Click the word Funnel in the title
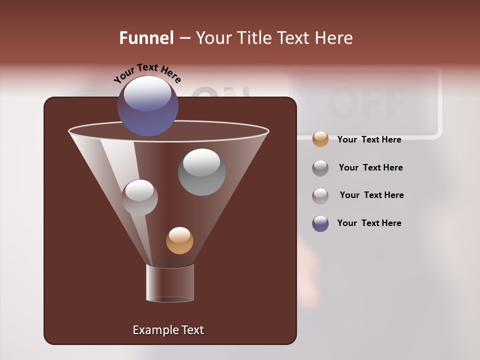[x=146, y=38]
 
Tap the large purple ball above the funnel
[x=147, y=105]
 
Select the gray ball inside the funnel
[x=201, y=172]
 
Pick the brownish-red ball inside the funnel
[x=139, y=197]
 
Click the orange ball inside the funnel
[x=179, y=240]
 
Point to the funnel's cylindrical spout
[x=170, y=283]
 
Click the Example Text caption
[x=168, y=330]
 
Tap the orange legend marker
[x=320, y=139]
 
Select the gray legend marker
[x=320, y=168]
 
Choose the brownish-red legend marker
[x=320, y=196]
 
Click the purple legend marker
[x=320, y=223]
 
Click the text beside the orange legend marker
[x=369, y=140]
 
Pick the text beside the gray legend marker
[x=370, y=168]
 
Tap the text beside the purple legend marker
[x=369, y=223]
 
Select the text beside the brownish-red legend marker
[x=371, y=195]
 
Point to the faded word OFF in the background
[x=367, y=102]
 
